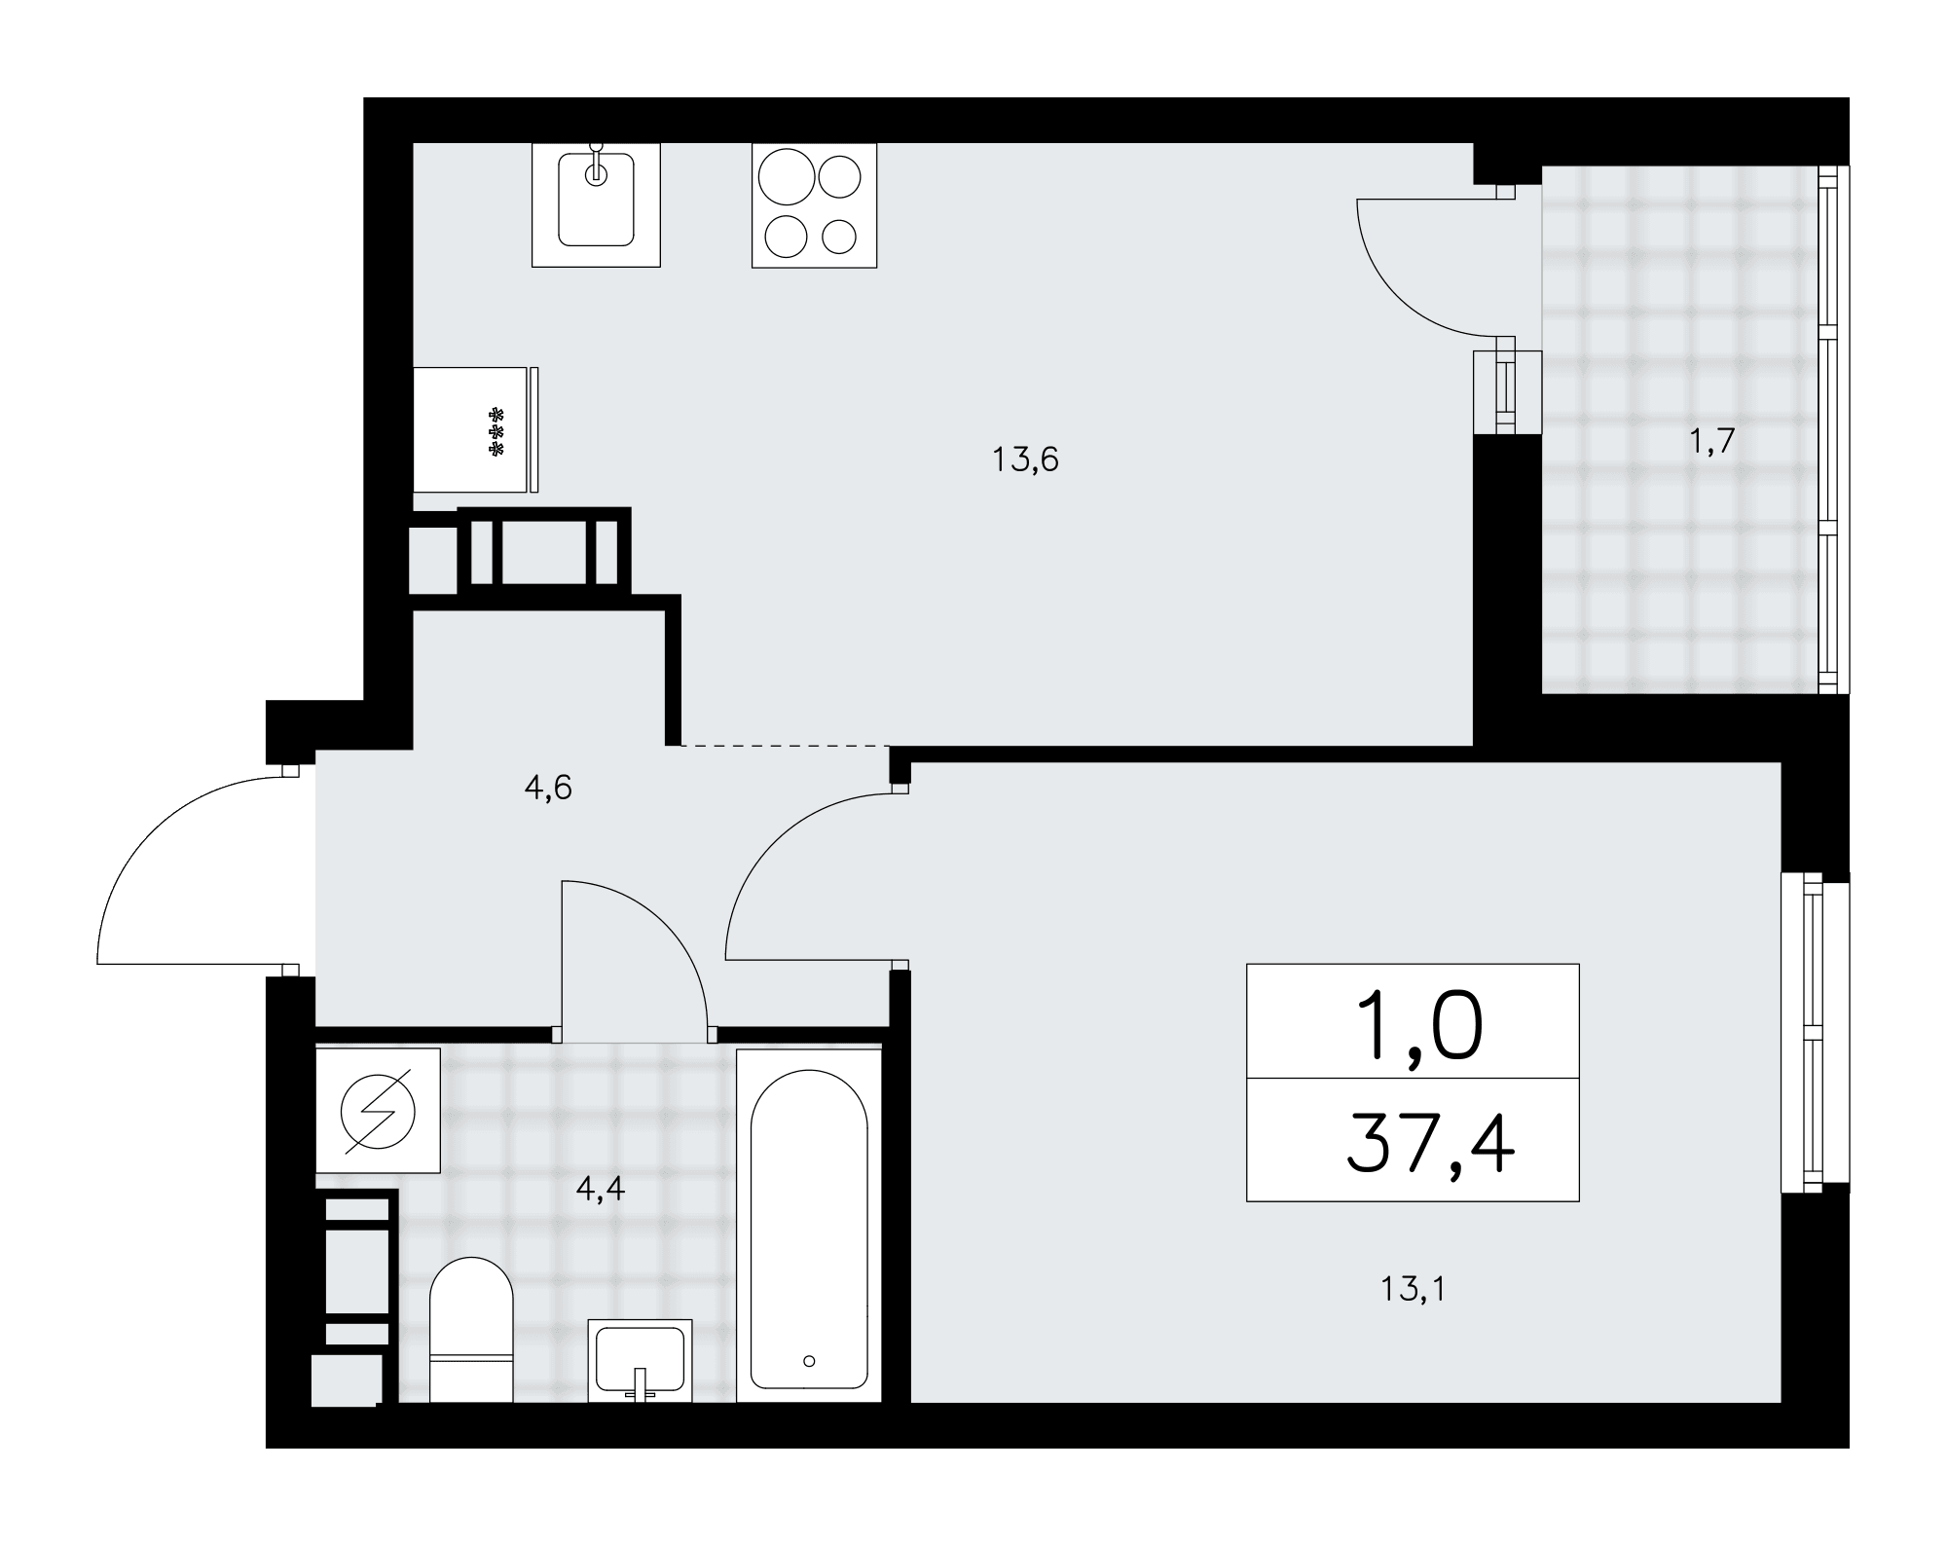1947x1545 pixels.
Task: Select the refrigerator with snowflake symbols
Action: [x=476, y=429]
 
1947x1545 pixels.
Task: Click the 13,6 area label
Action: [x=1025, y=459]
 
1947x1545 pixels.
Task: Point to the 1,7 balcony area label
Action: [x=1711, y=442]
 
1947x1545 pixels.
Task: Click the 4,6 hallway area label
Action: [x=548, y=788]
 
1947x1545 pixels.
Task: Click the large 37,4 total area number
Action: [x=1430, y=1145]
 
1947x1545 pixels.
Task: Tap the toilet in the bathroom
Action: [x=471, y=1329]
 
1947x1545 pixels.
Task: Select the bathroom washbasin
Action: [x=640, y=1361]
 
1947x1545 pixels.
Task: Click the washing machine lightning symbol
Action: [x=378, y=1110]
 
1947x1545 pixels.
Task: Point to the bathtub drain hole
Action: [x=809, y=1361]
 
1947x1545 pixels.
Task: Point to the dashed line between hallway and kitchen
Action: [x=785, y=746]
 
